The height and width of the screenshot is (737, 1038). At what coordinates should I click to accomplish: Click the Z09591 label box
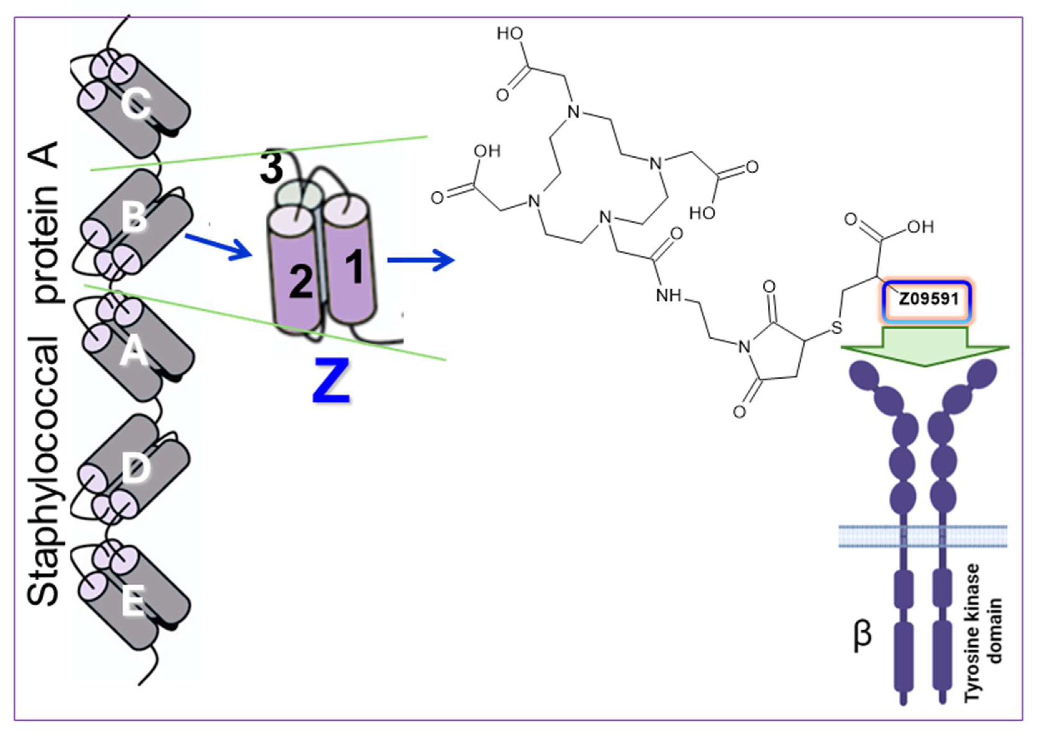[928, 300]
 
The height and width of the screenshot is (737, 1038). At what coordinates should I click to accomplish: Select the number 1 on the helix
[354, 268]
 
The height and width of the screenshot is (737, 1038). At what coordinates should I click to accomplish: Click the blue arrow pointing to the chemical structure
[421, 260]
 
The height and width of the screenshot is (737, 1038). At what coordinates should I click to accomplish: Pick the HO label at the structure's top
[510, 33]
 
